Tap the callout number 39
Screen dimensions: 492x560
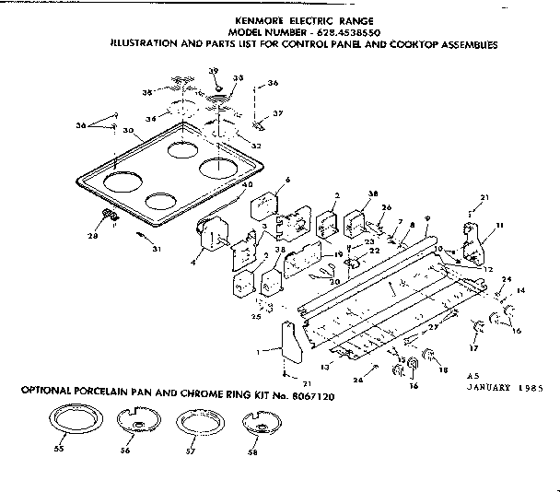point(213,71)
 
